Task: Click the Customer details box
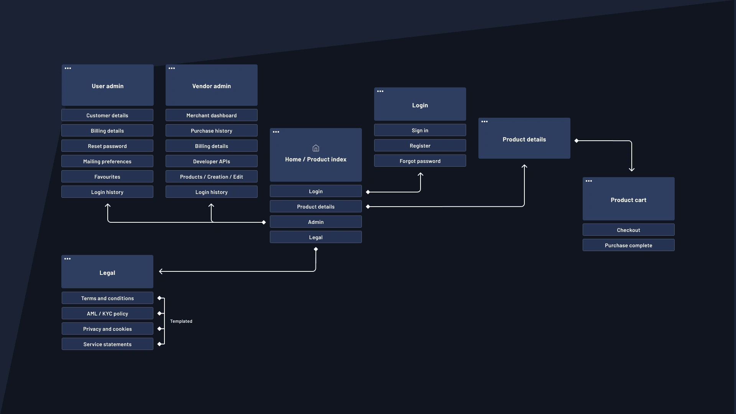pyautogui.click(x=107, y=115)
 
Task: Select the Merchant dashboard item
pyautogui.click(x=211, y=115)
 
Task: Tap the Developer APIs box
pyautogui.click(x=211, y=161)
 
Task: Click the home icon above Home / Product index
pyautogui.click(x=315, y=148)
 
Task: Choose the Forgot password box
pyautogui.click(x=420, y=161)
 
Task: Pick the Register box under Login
pyautogui.click(x=420, y=146)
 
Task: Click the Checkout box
pyautogui.click(x=628, y=230)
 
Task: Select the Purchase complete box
pyautogui.click(x=628, y=245)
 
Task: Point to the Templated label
pyautogui.click(x=181, y=321)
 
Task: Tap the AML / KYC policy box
pyautogui.click(x=107, y=314)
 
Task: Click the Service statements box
pyautogui.click(x=107, y=344)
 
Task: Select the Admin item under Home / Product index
pyautogui.click(x=315, y=222)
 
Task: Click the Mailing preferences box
pyautogui.click(x=107, y=161)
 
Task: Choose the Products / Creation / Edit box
pyautogui.click(x=211, y=177)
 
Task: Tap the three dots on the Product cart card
pyautogui.click(x=589, y=181)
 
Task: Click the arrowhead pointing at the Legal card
pyautogui.click(x=161, y=271)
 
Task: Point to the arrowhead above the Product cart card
pyautogui.click(x=632, y=169)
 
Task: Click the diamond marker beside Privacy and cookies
pyautogui.click(x=159, y=329)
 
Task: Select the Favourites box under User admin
pyautogui.click(x=107, y=177)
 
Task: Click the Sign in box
pyautogui.click(x=420, y=130)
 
